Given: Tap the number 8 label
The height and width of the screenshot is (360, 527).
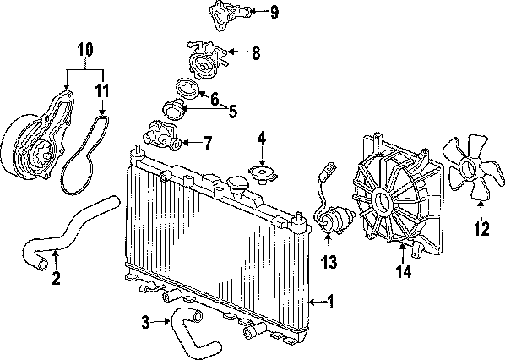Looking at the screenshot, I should pos(256,53).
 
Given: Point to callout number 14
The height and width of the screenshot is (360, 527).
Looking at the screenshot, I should pos(405,271).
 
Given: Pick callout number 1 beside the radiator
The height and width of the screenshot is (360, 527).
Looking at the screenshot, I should pos(330,300).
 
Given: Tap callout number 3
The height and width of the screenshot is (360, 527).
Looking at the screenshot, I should pos(145,321).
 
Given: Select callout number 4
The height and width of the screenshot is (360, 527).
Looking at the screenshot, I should pos(262,137).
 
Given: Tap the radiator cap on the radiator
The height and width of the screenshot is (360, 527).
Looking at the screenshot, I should pos(239,186).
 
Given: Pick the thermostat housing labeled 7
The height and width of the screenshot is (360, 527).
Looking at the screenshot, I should pos(160,134).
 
